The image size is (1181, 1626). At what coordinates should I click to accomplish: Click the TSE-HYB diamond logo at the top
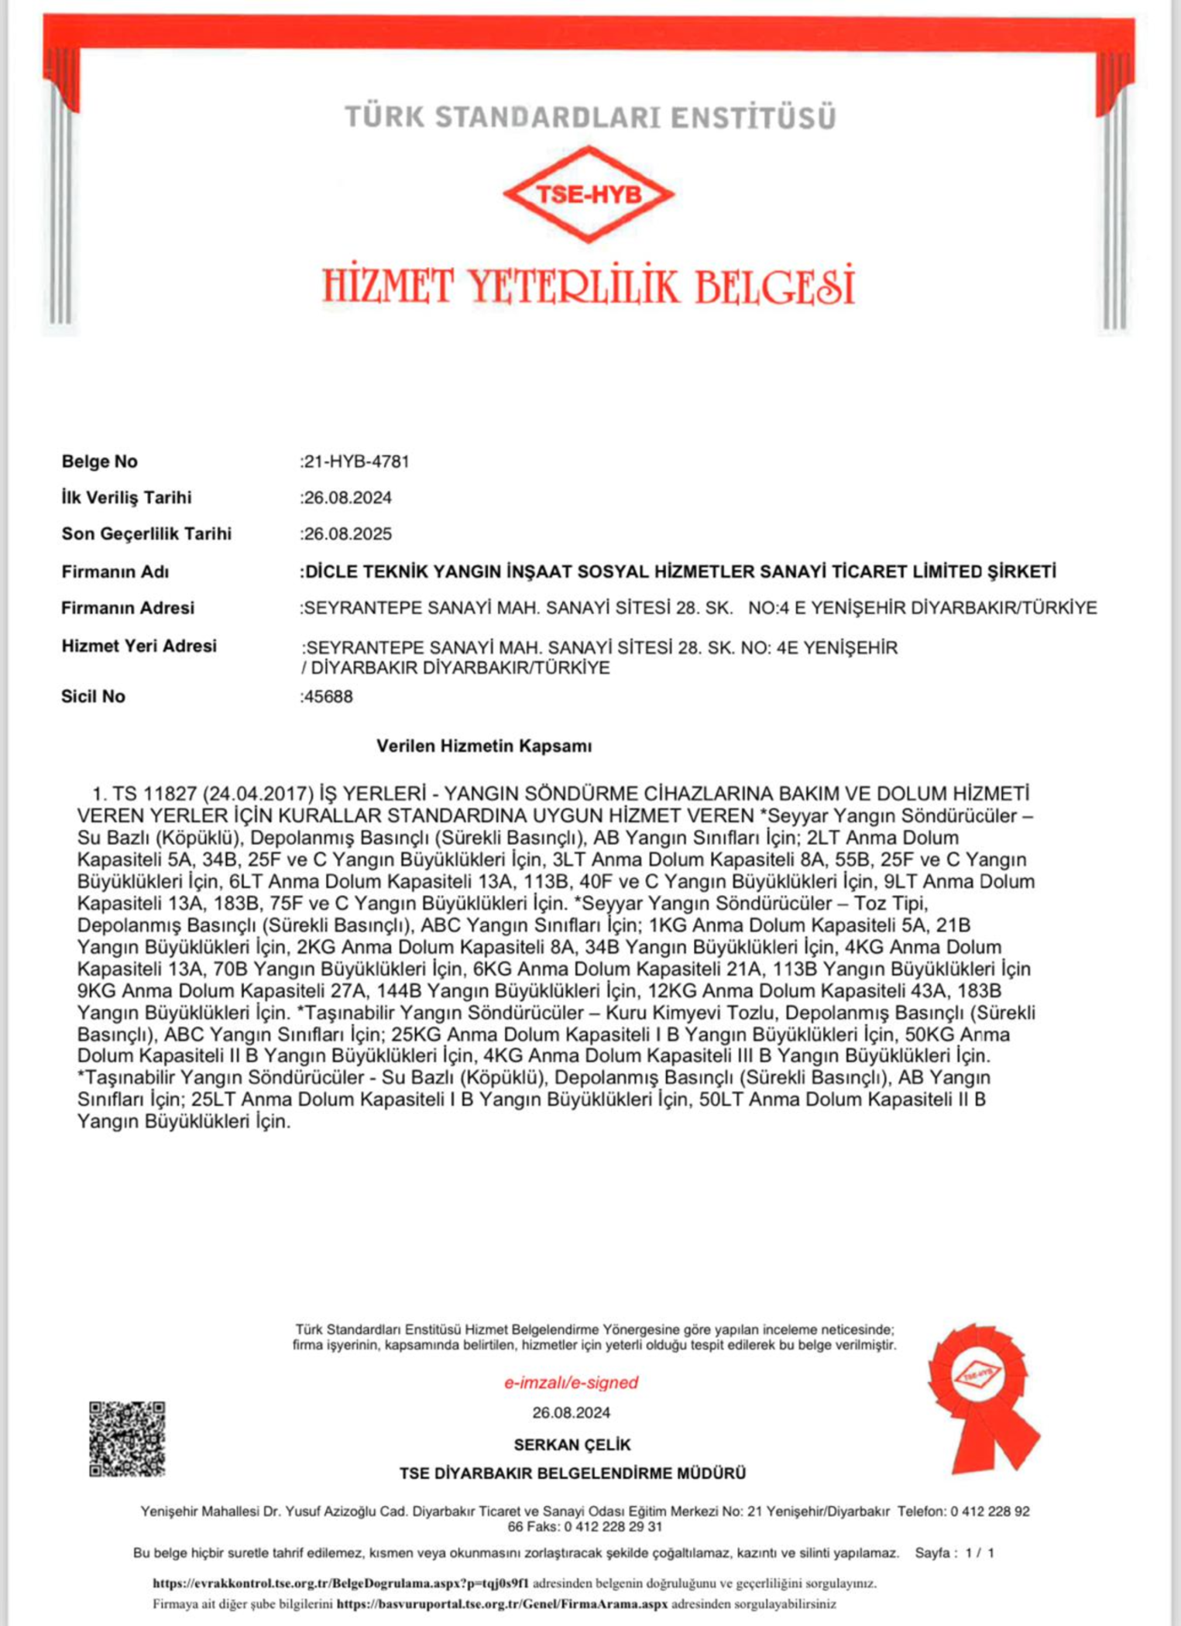589,194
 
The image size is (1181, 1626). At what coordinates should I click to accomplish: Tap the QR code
127,1439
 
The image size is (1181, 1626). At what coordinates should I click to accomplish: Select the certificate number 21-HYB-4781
356,461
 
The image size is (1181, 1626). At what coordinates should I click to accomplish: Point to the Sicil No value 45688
328,697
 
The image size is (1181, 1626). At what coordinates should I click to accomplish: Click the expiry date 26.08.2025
348,534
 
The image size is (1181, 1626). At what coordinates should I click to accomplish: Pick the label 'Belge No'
100,461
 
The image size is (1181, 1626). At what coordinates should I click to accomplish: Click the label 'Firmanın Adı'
115,572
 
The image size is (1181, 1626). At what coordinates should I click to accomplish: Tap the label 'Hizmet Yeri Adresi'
139,647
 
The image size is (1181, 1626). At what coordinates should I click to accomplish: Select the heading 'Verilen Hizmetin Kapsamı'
484,746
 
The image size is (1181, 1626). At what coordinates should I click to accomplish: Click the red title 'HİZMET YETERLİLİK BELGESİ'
589,285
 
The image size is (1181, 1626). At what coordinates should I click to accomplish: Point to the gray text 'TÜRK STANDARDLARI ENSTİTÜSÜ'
590,118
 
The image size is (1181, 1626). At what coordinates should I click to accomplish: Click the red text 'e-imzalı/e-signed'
572,1382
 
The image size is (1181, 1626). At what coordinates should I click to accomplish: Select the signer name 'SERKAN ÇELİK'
572,1445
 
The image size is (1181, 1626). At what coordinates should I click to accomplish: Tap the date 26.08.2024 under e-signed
572,1413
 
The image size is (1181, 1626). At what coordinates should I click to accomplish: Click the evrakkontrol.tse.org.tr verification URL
341,1583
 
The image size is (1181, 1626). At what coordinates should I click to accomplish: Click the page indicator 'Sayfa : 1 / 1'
954,1552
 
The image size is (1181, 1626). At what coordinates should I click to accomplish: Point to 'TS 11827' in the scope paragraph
155,794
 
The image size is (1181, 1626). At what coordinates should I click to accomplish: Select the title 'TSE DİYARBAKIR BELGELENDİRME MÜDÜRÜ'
572,1473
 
